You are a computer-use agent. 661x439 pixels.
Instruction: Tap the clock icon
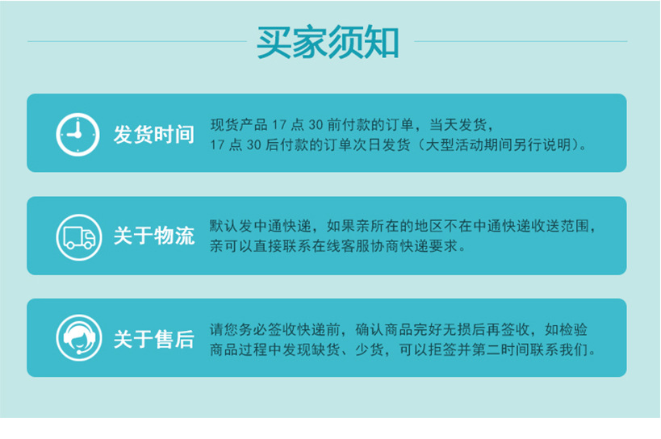point(77,133)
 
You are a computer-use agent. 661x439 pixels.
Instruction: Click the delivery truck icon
point(77,236)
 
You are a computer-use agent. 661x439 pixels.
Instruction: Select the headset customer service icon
point(77,337)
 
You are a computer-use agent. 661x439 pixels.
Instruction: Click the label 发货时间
point(153,134)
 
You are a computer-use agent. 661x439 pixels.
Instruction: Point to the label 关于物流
point(153,236)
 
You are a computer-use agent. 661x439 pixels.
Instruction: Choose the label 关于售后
point(153,339)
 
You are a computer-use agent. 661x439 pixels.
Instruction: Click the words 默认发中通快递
point(257,226)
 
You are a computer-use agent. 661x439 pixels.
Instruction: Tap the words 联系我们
point(563,350)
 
